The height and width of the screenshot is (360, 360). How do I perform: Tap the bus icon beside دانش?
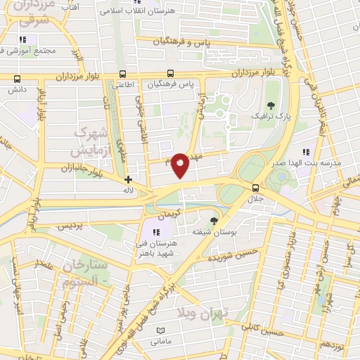click(17, 79)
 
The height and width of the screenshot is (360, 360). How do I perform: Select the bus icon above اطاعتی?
click(123, 74)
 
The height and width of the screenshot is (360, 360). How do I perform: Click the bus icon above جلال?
click(255, 188)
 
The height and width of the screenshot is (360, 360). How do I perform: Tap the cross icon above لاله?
click(127, 180)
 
